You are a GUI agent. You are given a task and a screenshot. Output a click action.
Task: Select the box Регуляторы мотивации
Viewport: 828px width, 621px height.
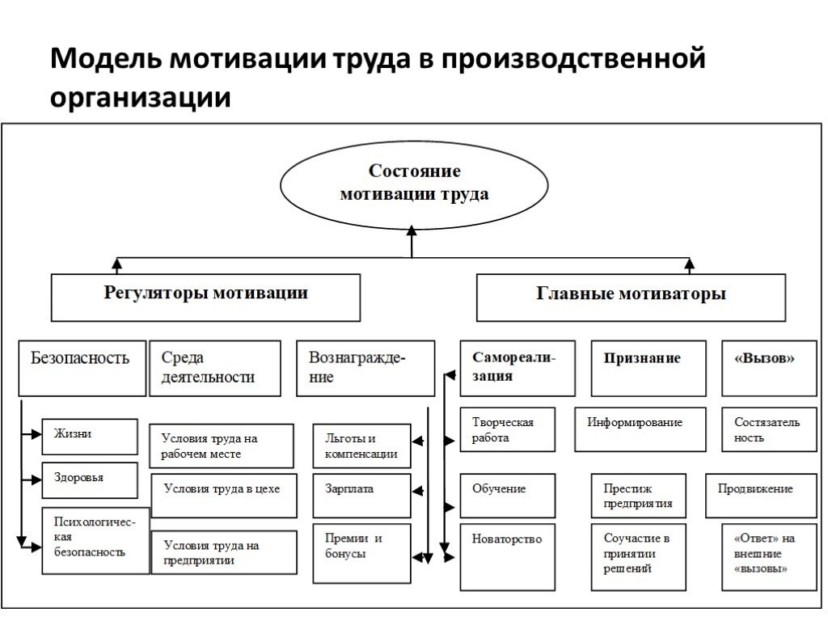point(206,297)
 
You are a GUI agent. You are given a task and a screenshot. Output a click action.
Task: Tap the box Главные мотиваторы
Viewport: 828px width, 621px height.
point(631,297)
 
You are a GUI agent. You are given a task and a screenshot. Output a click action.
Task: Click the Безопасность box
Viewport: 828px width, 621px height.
point(82,367)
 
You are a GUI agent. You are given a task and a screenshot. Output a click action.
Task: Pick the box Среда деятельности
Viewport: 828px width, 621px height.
point(214,367)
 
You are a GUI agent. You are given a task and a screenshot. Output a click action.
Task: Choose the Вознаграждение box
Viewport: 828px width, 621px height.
point(365,367)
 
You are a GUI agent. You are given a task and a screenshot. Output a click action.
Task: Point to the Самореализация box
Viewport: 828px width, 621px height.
point(517,367)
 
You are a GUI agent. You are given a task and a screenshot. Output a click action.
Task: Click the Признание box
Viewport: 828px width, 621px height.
point(641,367)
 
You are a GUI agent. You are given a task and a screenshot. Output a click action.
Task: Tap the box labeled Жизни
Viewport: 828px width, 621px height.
point(89,437)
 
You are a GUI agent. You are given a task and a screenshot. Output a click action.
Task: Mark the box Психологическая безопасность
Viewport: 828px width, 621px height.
point(95,540)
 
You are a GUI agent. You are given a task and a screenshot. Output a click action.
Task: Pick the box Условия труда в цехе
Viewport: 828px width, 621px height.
point(222,495)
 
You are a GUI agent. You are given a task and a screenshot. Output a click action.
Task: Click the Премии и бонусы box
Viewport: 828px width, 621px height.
point(361,553)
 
